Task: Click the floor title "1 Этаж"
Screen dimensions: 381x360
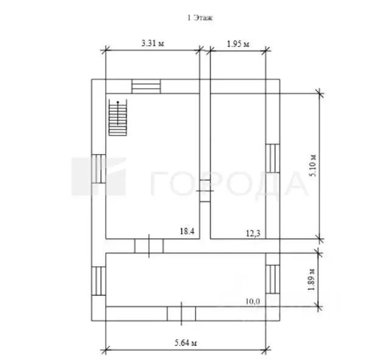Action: click(x=200, y=18)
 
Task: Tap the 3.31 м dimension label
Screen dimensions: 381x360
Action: click(x=153, y=43)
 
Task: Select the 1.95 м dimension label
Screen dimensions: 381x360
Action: click(x=238, y=44)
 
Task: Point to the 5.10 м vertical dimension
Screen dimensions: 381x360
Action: click(x=313, y=166)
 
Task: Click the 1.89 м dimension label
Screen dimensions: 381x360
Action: click(x=311, y=280)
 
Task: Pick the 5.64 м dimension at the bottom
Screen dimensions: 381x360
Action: click(x=186, y=343)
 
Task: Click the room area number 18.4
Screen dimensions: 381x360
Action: click(x=187, y=231)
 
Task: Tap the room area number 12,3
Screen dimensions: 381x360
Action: click(x=253, y=233)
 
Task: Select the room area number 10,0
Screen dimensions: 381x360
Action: click(x=253, y=302)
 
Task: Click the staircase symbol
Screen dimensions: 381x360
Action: click(x=118, y=117)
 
